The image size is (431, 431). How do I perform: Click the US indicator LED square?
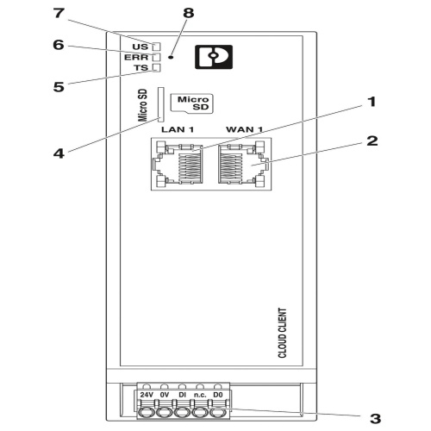156,47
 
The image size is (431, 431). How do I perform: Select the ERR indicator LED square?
156,57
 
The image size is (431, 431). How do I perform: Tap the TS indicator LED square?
156,67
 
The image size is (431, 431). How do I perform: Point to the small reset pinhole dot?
171,57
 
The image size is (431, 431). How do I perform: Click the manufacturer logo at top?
214,57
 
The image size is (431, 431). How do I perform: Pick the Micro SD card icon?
192,103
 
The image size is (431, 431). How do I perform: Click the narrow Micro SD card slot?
160,104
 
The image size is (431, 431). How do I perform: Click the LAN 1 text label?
178,129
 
